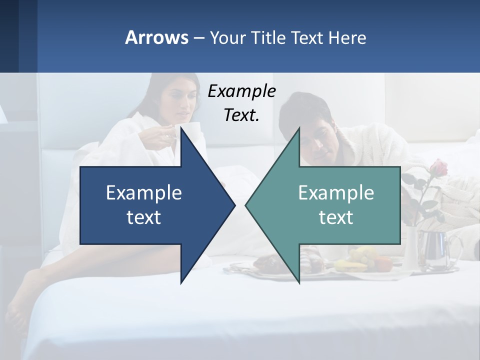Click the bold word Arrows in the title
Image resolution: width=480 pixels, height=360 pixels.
coord(156,37)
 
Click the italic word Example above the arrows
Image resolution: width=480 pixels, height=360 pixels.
coord(241,91)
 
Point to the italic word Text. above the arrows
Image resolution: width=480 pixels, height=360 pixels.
coord(241,115)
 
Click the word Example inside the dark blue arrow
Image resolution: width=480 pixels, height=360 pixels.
coord(144,192)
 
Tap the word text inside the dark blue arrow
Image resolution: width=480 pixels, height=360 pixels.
coord(144,217)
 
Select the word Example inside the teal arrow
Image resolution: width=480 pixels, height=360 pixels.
coord(336,192)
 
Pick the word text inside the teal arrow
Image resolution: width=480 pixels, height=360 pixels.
coord(336,217)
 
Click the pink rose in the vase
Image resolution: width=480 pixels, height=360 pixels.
coord(438,169)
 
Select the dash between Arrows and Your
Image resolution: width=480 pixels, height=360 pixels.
coord(198,38)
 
